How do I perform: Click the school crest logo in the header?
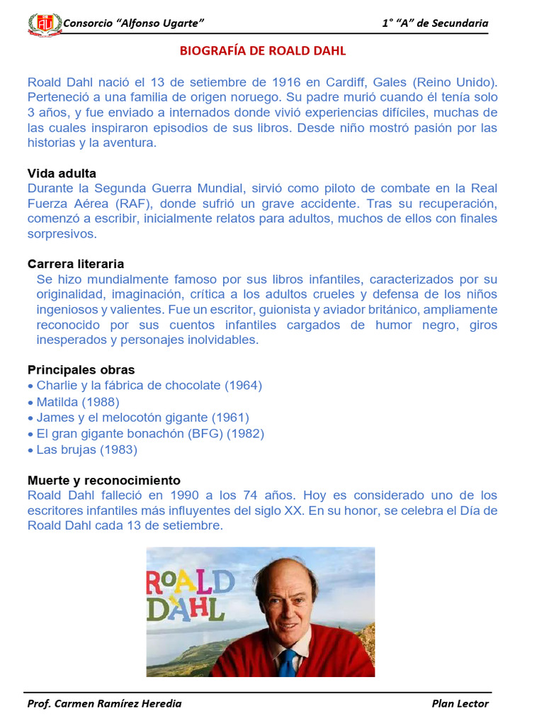pyautogui.click(x=44, y=23)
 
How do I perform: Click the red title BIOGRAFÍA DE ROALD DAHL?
pyautogui.click(x=263, y=52)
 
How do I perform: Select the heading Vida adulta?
pyautogui.click(x=62, y=174)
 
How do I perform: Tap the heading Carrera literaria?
pyautogui.click(x=76, y=264)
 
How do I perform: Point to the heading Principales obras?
pyautogui.click(x=81, y=370)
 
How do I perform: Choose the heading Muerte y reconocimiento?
pyautogui.click(x=103, y=480)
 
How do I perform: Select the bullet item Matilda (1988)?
pyautogui.click(x=78, y=401)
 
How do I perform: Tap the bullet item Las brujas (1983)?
pyautogui.click(x=86, y=449)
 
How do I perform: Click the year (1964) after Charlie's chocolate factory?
pyautogui.click(x=243, y=386)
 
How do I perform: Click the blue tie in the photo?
pyautogui.click(x=287, y=662)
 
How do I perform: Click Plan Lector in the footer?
pyautogui.click(x=460, y=703)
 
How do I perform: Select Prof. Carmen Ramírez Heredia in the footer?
pyautogui.click(x=104, y=703)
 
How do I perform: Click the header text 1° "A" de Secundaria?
pyautogui.click(x=435, y=23)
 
